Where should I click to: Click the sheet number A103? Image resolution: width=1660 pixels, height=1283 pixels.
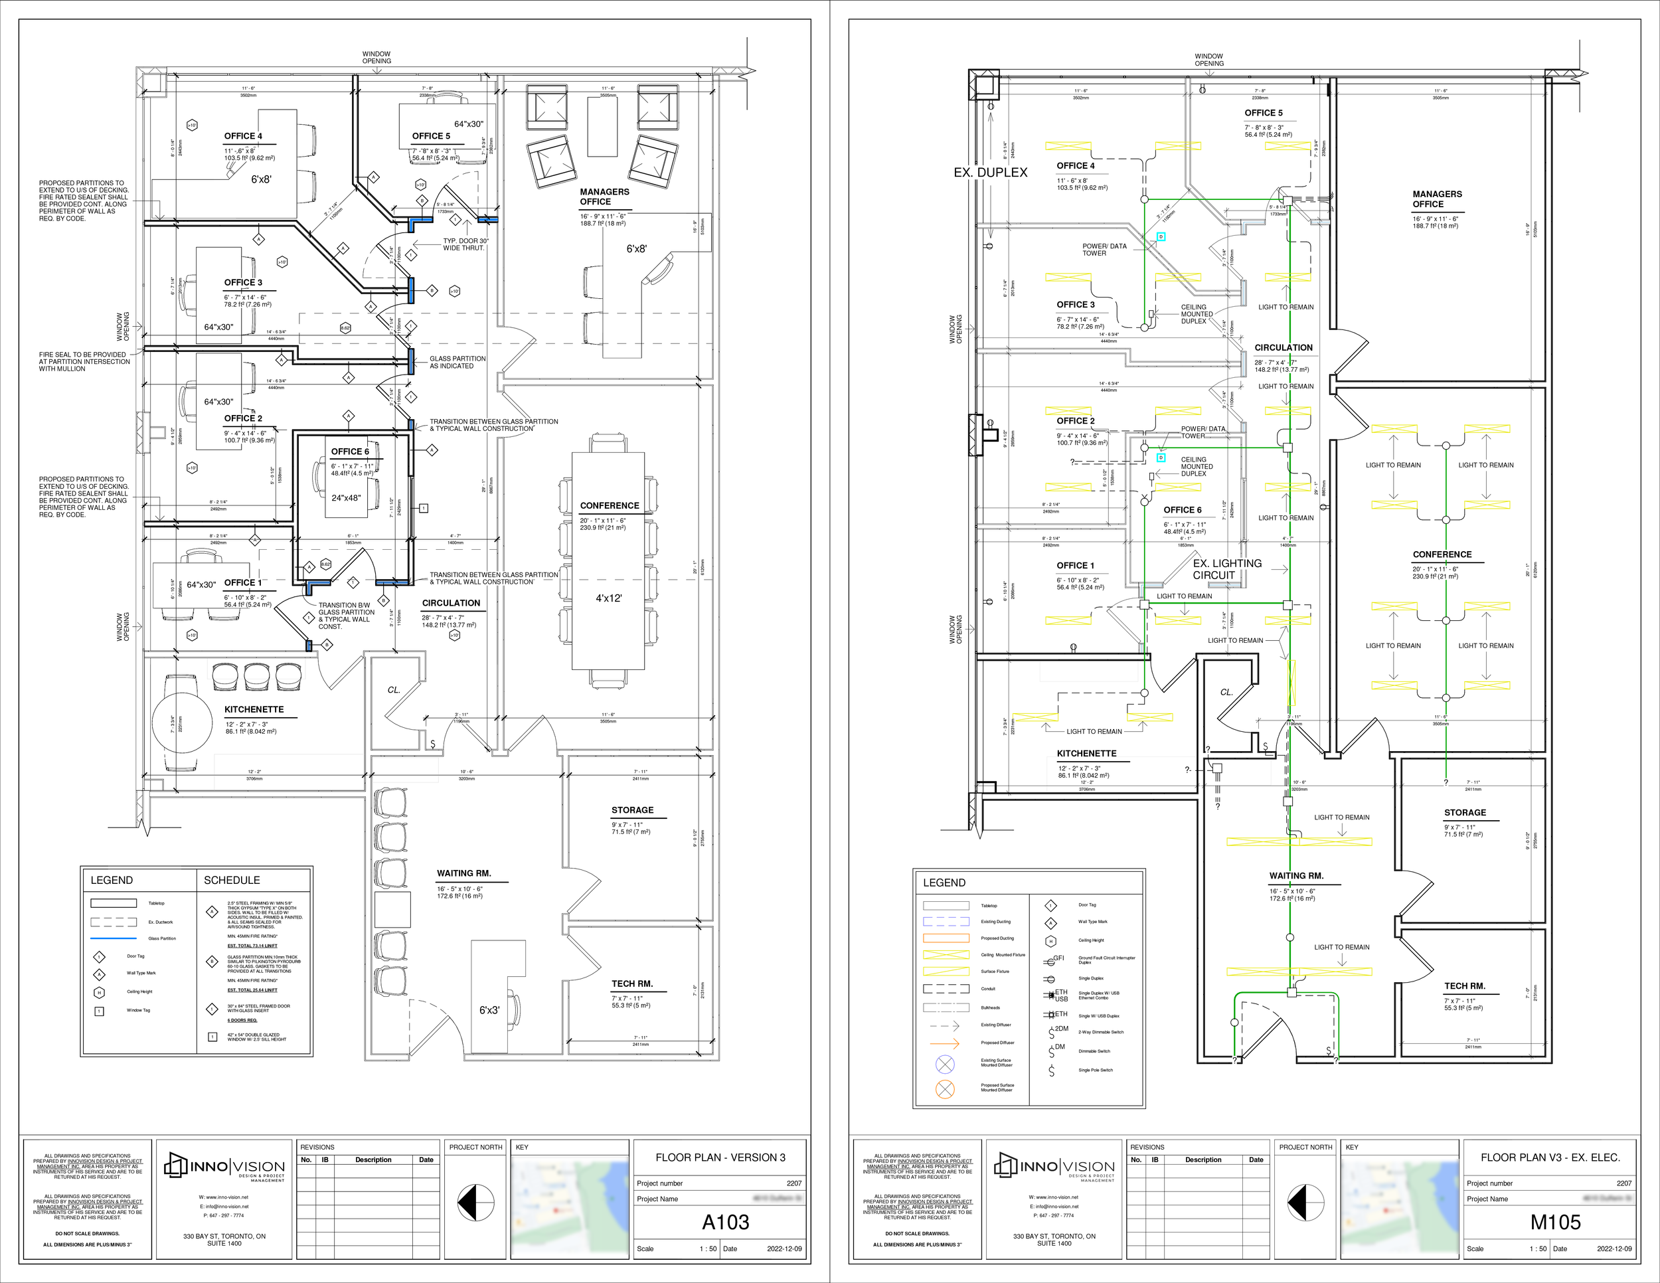pos(724,1221)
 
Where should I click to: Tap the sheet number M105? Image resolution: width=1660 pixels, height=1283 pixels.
pos(1554,1221)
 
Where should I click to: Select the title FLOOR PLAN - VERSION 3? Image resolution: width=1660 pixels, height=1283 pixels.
pos(720,1157)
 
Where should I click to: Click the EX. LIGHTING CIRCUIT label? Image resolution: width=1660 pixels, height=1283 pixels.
pos(1227,568)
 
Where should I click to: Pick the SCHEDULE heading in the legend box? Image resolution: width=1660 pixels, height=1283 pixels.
pos(232,880)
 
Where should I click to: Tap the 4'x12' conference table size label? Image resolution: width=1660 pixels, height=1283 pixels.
pos(608,598)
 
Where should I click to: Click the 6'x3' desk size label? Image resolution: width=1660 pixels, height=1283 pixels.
pos(489,1010)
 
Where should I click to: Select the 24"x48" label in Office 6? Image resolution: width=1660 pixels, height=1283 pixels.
pos(346,499)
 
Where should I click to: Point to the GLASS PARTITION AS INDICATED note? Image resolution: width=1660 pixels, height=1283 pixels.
pos(457,362)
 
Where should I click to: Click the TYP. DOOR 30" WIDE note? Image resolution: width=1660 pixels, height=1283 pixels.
pos(465,244)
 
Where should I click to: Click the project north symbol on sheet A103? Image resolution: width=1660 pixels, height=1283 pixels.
pos(476,1203)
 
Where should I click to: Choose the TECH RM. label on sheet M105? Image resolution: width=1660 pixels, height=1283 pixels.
pos(1465,985)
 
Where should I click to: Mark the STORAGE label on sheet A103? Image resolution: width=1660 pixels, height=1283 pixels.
pos(631,810)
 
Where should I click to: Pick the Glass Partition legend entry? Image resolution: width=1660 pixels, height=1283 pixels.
pos(162,939)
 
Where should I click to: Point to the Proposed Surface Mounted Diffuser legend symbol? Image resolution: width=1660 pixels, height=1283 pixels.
pos(945,1088)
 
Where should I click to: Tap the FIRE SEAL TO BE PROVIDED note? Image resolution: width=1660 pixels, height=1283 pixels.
pos(84,362)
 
